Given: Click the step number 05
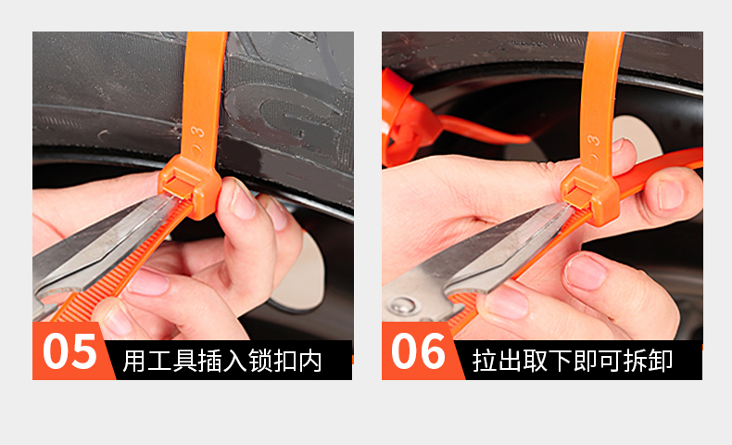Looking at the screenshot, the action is click(x=70, y=351).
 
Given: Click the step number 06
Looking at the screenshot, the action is click(x=419, y=351).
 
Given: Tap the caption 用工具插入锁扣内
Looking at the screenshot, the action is click(x=222, y=361).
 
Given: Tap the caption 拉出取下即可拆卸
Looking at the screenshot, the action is click(x=573, y=361).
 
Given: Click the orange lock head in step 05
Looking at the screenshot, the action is click(x=190, y=184).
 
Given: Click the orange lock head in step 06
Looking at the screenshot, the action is click(x=590, y=193).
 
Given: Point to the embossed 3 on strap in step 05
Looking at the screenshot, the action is click(x=198, y=133).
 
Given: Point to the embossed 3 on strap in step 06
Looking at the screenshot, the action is click(x=593, y=140).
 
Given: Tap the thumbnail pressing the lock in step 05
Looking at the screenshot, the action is click(x=242, y=199).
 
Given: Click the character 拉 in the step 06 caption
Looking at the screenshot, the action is click(x=484, y=361).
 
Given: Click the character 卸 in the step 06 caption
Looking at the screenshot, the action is click(x=661, y=361).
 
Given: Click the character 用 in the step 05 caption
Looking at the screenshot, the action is click(x=134, y=361).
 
